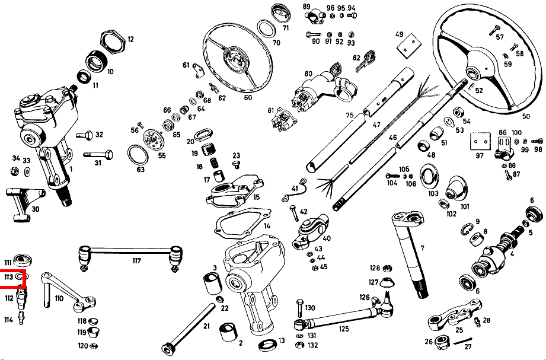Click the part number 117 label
coord(136,261)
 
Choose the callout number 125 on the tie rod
coord(343,328)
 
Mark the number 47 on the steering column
coord(376,126)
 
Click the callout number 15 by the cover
coord(256,197)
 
